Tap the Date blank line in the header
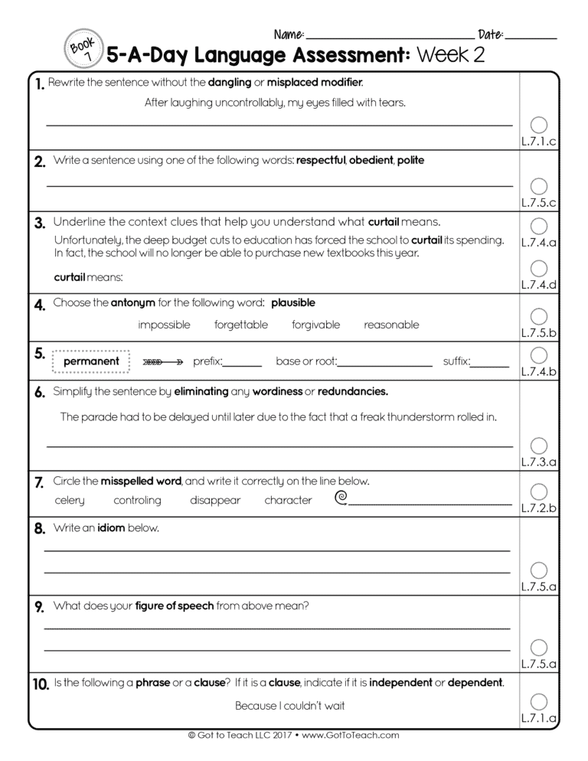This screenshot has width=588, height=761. [x=531, y=36]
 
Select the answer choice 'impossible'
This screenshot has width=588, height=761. [x=164, y=325]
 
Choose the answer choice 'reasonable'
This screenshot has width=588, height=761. [x=391, y=325]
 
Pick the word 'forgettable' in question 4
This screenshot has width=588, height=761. [x=241, y=325]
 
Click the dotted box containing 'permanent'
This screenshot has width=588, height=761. [x=91, y=361]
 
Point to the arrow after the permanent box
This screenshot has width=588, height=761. [x=162, y=361]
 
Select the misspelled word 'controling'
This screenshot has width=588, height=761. [x=137, y=501]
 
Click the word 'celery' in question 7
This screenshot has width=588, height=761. [x=70, y=501]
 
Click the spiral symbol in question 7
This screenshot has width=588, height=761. [x=341, y=499]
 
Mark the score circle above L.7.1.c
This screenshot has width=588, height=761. [x=539, y=125]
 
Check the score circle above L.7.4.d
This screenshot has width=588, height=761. [x=539, y=268]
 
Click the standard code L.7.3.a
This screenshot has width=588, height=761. [x=539, y=462]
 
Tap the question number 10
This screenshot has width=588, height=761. [x=41, y=683]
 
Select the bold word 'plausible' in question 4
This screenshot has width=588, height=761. [x=293, y=303]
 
